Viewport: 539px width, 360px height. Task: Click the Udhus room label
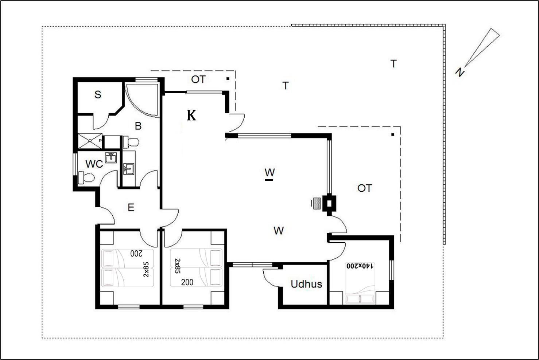[x=306, y=284]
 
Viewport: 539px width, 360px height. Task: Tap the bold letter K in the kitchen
[x=191, y=115]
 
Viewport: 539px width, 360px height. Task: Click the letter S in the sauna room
[x=98, y=94]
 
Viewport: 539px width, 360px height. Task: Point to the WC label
[x=94, y=164]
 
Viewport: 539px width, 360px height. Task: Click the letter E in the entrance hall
[x=131, y=207]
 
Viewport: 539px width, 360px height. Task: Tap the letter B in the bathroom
[x=138, y=126]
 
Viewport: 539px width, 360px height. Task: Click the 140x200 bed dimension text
[x=360, y=266]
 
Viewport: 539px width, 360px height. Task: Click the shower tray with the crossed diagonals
[x=90, y=141]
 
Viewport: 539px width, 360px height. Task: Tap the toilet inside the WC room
[x=86, y=177]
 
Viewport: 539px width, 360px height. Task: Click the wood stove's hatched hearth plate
[x=317, y=203]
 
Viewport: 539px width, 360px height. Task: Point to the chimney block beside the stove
[x=329, y=203]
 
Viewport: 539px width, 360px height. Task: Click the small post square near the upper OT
[x=228, y=78]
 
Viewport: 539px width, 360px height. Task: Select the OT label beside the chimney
[x=365, y=188]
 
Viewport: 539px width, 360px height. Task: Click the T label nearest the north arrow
[x=393, y=64]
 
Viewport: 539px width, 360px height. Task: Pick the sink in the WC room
[x=111, y=158]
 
